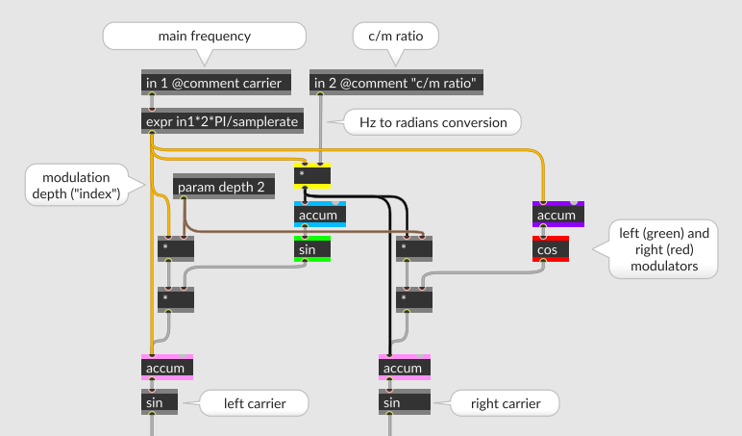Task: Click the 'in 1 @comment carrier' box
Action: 213,84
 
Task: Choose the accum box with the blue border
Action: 319,216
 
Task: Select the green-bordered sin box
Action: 312,249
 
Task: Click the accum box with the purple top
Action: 557,214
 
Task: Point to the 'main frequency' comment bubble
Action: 204,37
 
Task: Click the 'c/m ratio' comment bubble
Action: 395,37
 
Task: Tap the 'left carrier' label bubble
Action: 254,403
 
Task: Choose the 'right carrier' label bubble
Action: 505,403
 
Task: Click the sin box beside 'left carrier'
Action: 160,402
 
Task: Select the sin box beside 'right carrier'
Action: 400,402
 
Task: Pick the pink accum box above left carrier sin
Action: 167,368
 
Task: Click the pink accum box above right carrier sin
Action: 404,368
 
